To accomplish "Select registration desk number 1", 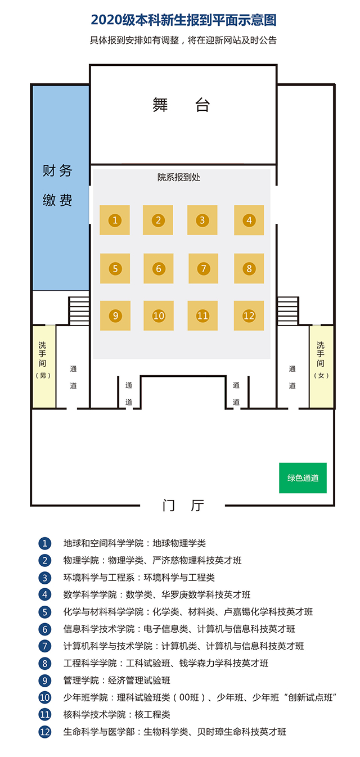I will pos(115,220).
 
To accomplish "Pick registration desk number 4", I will pos(249,220).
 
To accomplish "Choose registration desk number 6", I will pos(159,268).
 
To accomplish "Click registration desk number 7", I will pos(203,268).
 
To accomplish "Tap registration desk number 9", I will pos(115,316).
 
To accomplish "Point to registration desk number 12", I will pos(249,316).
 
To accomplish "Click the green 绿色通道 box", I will pos(303,478).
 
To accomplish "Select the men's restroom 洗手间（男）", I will pos(43,366).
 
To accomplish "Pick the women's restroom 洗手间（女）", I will pos(321,366).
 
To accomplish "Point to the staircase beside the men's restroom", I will pos(79,310).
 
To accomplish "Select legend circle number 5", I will pos(45,612).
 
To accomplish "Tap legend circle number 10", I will pos(45,698).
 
